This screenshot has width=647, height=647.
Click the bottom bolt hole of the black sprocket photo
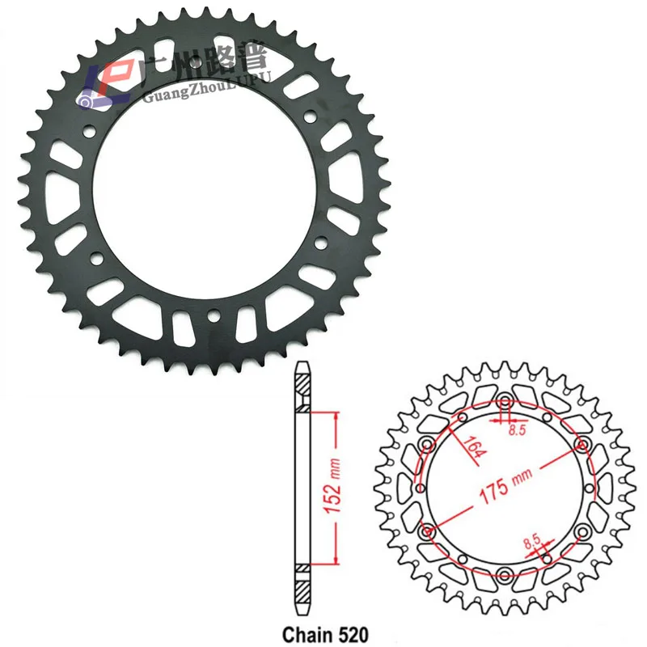(x=213, y=315)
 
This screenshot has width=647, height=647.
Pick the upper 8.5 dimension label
(x=515, y=430)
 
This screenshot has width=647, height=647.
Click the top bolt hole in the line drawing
(x=505, y=399)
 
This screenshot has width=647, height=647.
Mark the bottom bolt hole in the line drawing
(x=505, y=575)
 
